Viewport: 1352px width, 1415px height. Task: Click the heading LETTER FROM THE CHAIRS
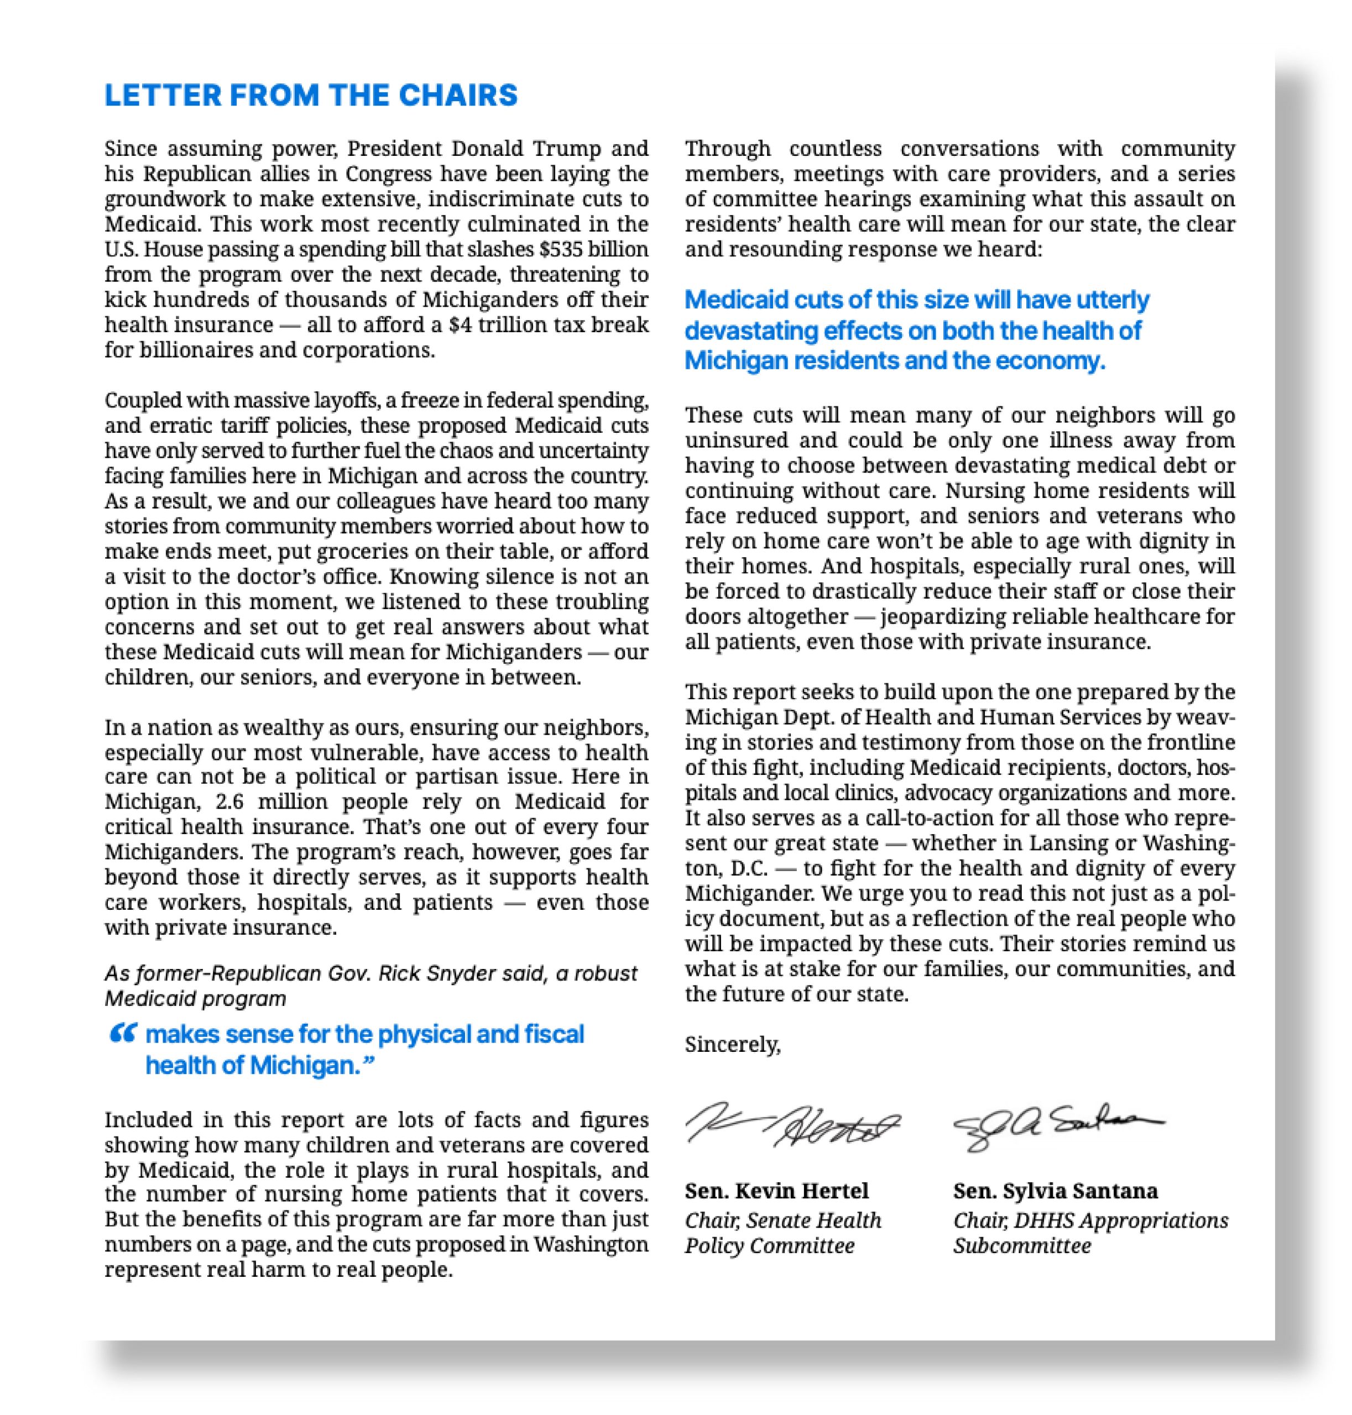point(311,95)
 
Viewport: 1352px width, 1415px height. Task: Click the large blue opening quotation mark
point(123,1035)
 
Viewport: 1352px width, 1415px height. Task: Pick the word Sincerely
point(732,1044)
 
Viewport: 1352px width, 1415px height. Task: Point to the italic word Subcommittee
point(1022,1246)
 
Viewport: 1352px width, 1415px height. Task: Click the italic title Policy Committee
point(769,1246)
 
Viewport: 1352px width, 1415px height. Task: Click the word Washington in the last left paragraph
point(591,1244)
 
